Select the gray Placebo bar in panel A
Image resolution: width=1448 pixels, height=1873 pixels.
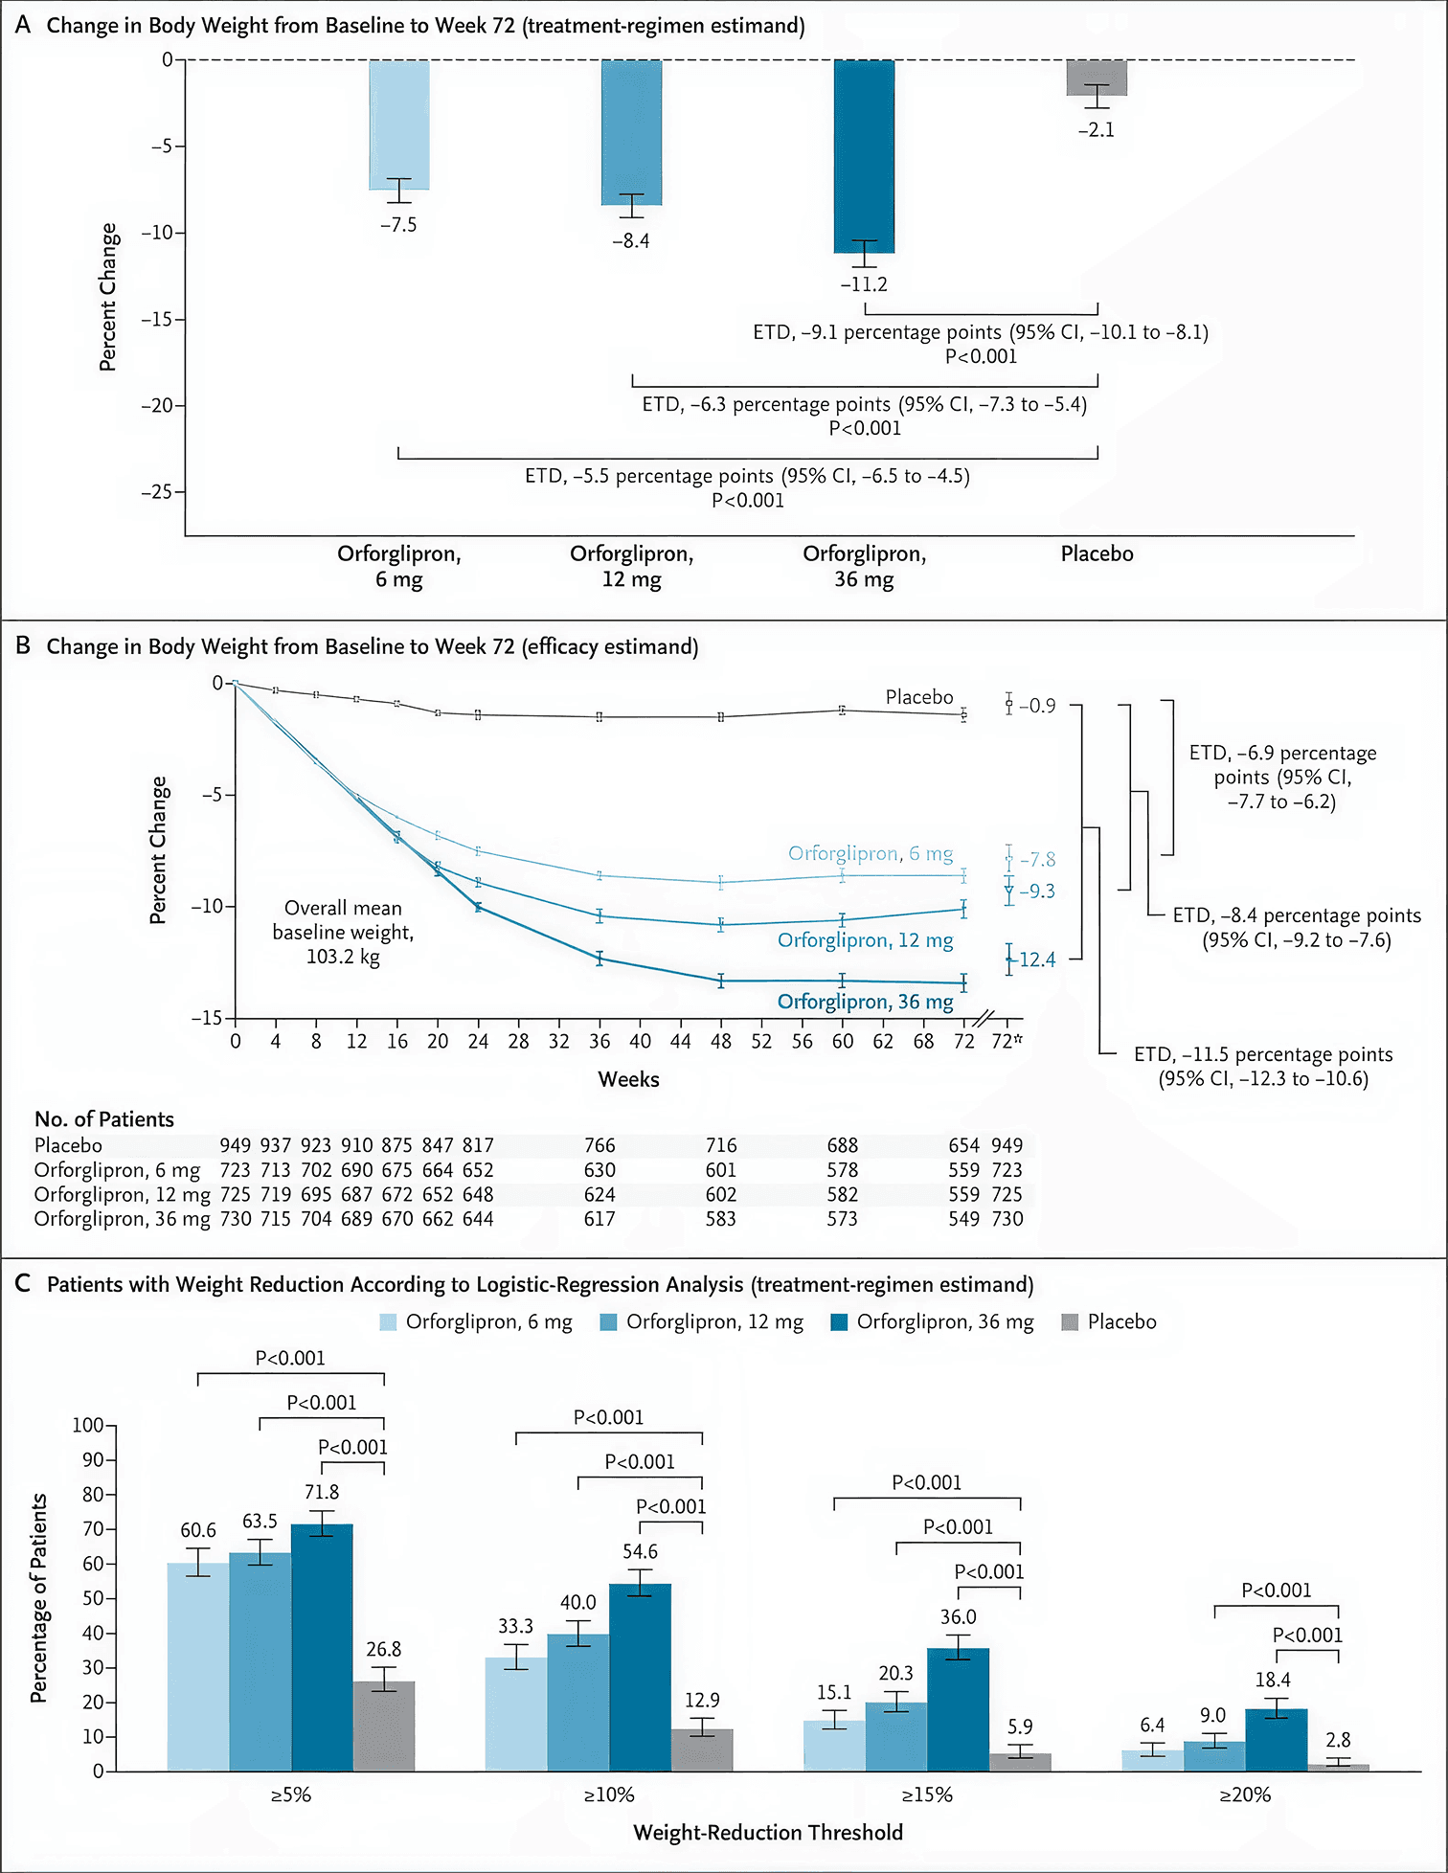pyautogui.click(x=1097, y=77)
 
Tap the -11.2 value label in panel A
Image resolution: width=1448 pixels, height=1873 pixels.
pyautogui.click(x=864, y=284)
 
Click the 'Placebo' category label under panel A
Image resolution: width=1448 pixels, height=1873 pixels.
pyautogui.click(x=1097, y=553)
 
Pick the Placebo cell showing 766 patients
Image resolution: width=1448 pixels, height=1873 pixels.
pyautogui.click(x=600, y=1145)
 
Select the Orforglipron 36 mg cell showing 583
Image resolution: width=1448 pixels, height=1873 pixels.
pyautogui.click(x=720, y=1219)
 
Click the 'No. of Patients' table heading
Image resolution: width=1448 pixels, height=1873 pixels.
pyautogui.click(x=104, y=1119)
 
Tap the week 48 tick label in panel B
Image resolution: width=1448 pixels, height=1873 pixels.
pyautogui.click(x=720, y=1041)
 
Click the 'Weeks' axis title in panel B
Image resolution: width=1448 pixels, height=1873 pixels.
pyautogui.click(x=628, y=1079)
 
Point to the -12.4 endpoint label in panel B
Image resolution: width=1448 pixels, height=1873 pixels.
pyautogui.click(x=1037, y=959)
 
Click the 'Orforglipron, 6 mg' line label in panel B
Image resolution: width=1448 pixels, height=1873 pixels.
pyautogui.click(x=870, y=853)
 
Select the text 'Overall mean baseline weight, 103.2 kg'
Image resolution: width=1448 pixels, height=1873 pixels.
pyautogui.click(x=343, y=932)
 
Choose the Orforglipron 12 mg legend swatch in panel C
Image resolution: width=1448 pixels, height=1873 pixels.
pyautogui.click(x=608, y=1322)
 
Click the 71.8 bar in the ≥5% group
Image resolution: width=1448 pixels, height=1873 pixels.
pyautogui.click(x=322, y=1647)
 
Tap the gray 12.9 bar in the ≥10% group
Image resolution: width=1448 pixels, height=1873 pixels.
pyautogui.click(x=702, y=1749)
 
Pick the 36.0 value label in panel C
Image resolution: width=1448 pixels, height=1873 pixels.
pyautogui.click(x=958, y=1617)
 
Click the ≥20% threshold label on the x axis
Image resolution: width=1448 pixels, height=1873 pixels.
pyautogui.click(x=1244, y=1794)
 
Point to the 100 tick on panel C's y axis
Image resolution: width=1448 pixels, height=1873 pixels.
pyautogui.click(x=88, y=1425)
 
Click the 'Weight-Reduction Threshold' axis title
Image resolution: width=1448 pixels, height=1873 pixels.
pyautogui.click(x=768, y=1832)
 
